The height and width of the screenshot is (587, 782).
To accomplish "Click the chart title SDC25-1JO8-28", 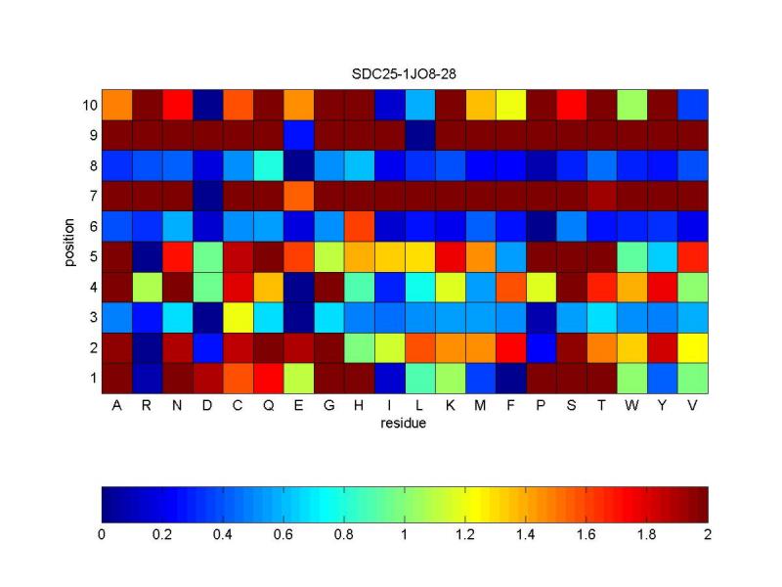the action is [404, 74].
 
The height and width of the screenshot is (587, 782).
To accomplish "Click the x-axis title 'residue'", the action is [403, 424].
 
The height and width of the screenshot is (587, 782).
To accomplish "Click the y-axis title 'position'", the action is [68, 242].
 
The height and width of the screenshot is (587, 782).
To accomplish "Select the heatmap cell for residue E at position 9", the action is [298, 135].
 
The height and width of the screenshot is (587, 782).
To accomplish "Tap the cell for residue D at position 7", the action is [207, 197].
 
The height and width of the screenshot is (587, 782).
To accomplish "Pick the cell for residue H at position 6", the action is [359, 227].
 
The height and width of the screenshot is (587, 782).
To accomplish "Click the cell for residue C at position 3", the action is [238, 317].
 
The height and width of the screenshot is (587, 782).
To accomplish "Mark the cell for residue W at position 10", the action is [631, 105].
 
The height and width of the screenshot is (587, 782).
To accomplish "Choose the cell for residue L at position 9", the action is [420, 135].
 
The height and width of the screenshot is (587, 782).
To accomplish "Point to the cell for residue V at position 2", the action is [693, 348].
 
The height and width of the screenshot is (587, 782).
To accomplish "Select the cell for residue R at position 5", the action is [148, 257].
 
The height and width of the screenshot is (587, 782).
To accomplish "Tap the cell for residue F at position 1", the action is [510, 379].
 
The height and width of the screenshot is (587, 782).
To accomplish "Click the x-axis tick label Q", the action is [268, 405].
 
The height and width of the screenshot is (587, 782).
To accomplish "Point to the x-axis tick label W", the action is [631, 405].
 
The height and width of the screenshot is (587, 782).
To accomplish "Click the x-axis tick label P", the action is [541, 405].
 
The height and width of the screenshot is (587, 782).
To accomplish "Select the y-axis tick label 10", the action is [90, 106].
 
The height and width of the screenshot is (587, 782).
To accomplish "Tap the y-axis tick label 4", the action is [93, 288].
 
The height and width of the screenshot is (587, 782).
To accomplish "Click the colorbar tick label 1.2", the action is [465, 534].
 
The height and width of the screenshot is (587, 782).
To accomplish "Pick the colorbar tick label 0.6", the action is [283, 534].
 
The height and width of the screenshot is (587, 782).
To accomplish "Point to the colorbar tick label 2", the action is [707, 534].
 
